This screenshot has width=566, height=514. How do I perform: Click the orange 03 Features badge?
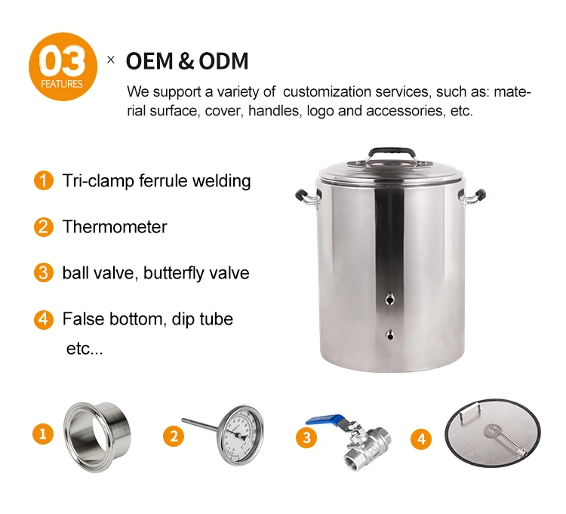pos(63,66)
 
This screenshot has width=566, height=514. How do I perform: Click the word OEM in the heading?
pos(149,60)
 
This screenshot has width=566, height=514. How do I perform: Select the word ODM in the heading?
pos(224,60)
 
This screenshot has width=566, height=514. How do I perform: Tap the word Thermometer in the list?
pos(115,227)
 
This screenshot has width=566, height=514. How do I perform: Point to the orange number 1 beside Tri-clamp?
pos(44,180)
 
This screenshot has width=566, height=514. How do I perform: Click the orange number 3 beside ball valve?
pos(44,272)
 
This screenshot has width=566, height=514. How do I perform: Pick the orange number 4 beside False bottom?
pos(44,319)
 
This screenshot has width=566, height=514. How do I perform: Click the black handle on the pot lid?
pos(391,150)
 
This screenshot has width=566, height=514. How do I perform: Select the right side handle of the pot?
pos(474,198)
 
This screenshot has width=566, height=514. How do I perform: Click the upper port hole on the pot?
pos(389,299)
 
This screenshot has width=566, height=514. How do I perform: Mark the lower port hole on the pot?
pos(390,334)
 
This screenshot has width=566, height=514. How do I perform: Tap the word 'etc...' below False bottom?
pos(85,349)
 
